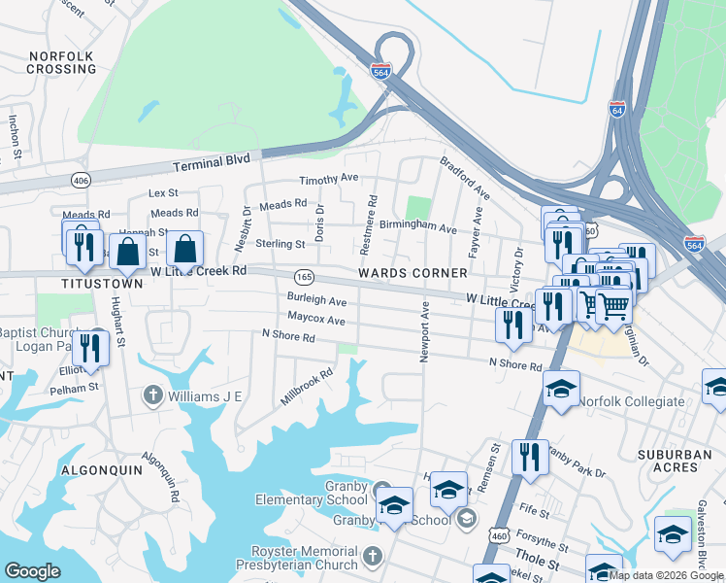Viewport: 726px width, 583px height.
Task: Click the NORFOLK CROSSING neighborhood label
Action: pos(60,62)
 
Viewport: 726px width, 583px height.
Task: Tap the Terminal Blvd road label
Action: pos(212,160)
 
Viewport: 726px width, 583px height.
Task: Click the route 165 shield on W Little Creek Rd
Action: pos(304,276)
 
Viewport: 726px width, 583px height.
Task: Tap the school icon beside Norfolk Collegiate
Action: pos(561,390)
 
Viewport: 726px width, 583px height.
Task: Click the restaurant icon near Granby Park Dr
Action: pos(529,457)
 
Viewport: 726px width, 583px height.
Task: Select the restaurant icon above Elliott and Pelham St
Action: pos(90,348)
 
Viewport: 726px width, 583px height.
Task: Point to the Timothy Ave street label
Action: pos(329,180)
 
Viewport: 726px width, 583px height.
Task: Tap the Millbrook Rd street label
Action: pos(307,386)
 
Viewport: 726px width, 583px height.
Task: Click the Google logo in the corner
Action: pos(32,571)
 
